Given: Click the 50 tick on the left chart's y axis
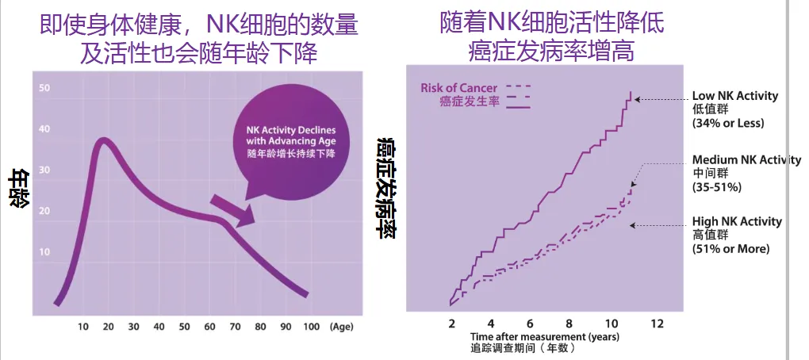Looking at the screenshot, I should [x=45, y=87].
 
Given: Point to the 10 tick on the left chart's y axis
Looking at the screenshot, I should [x=45, y=252].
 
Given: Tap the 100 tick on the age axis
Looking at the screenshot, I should [x=311, y=327].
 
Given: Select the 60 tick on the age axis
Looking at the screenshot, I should [x=209, y=327].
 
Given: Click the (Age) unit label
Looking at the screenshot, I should [x=343, y=327].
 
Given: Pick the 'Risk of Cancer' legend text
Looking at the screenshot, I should [x=459, y=87].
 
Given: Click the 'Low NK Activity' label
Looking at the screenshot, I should [x=735, y=96].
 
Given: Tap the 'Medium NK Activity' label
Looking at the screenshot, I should [x=746, y=159].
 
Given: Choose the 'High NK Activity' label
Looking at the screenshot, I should [x=737, y=221].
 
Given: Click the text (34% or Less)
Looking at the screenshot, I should [x=728, y=123].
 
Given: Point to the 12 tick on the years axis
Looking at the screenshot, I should [x=656, y=324].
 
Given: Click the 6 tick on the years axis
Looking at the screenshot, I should [x=529, y=324].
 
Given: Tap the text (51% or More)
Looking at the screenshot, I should [x=730, y=248].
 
